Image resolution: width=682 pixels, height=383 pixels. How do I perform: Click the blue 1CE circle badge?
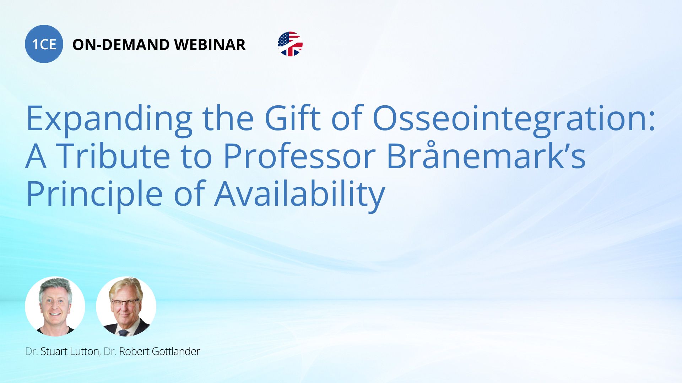click(44, 44)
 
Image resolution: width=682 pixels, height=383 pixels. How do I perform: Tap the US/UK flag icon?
click(290, 44)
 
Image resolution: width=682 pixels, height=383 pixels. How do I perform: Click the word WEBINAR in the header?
click(210, 45)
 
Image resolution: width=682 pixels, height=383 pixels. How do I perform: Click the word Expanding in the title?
click(109, 118)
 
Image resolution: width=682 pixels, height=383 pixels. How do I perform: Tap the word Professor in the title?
click(299, 156)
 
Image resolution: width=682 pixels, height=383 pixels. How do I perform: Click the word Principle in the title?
click(94, 194)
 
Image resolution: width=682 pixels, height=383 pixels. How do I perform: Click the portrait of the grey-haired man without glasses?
click(55, 306)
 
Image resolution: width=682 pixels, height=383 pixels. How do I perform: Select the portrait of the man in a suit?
click(126, 306)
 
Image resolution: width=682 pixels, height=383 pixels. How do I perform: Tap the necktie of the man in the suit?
click(124, 333)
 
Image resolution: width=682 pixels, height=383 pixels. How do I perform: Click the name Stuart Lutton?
click(70, 351)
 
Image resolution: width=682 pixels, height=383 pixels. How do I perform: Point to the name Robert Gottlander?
click(159, 351)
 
